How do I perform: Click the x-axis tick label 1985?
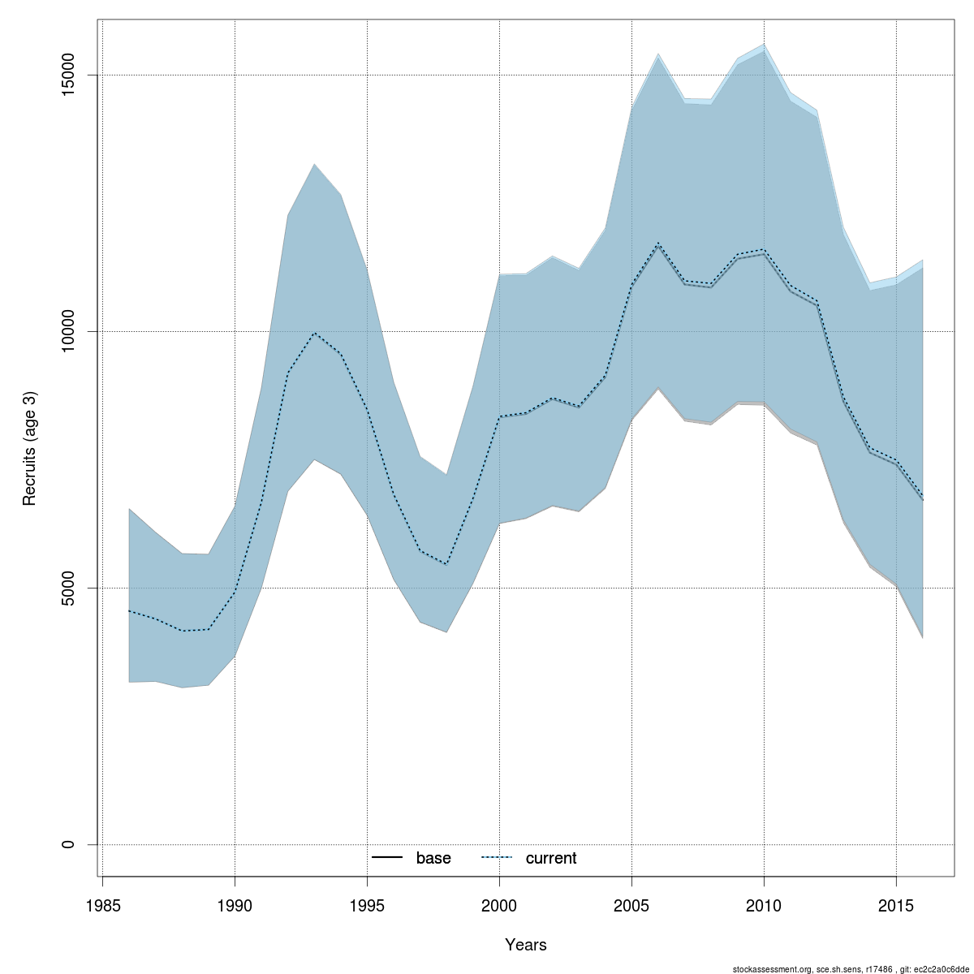pos(102,905)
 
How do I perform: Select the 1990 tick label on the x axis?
pos(235,905)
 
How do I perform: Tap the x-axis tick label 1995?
pos(367,905)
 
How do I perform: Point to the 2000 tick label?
pos(499,905)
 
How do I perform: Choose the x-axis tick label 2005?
pos(631,905)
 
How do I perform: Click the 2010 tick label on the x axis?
pos(764,905)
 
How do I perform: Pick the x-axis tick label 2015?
pos(896,905)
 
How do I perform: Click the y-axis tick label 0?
pos(68,844)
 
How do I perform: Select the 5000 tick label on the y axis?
pos(68,588)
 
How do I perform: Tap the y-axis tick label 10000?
pos(68,331)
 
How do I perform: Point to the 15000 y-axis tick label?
pos(68,75)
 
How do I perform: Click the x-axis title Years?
pos(526,945)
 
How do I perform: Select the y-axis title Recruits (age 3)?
pos(30,448)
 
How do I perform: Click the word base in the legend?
pos(433,858)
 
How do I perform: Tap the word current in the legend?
pos(551,858)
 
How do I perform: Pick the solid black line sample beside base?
pos(388,858)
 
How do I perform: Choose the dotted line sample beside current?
pos(497,858)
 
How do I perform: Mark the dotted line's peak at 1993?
pos(314,333)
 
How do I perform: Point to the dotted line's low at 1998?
pos(446,564)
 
